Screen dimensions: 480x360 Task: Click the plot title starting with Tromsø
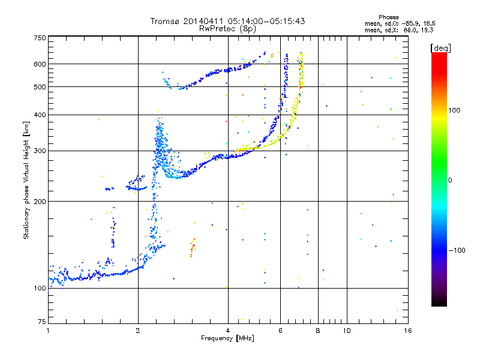[227, 21]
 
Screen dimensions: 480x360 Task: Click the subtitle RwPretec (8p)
[227, 29]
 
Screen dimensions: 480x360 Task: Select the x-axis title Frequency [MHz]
[227, 338]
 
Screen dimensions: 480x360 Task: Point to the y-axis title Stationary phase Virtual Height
[26, 180]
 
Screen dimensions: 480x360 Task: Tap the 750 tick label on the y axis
[40, 38]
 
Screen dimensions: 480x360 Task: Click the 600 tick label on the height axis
[40, 64]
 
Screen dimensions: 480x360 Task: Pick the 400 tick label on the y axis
[40, 115]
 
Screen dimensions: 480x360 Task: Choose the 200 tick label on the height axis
[40, 202]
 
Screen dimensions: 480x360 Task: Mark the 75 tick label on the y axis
[42, 322]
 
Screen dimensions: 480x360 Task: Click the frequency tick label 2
[138, 331]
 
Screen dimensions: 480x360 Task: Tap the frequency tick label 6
[280, 331]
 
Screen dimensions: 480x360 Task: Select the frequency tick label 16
[408, 331]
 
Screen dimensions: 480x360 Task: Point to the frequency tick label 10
[347, 331]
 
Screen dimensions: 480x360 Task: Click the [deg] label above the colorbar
[440, 48]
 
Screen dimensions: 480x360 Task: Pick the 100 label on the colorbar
[454, 110]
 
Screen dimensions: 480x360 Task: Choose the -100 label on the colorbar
[457, 250]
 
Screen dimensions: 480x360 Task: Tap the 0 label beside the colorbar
[450, 181]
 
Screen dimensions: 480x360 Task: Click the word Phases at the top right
[388, 17]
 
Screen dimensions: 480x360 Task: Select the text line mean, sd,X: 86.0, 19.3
[399, 30]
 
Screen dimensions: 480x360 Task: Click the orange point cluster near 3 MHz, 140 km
[192, 248]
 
